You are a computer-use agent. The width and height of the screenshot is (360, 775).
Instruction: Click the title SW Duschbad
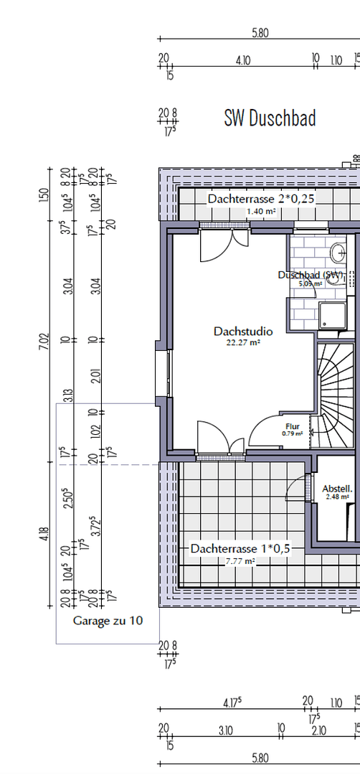point(270,118)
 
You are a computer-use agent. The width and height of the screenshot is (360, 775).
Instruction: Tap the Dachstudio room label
point(243,332)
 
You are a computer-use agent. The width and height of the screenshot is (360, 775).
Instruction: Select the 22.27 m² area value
point(243,343)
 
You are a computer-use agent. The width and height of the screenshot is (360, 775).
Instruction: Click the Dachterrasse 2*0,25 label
point(262,198)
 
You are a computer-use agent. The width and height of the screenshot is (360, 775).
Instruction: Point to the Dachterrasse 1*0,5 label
point(240,549)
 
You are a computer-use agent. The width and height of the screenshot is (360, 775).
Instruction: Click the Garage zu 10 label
point(108,621)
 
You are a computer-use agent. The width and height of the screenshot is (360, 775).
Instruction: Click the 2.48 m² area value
point(336,497)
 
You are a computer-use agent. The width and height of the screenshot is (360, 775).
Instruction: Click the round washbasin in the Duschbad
point(338,252)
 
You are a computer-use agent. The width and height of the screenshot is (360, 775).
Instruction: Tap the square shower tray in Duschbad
point(333,316)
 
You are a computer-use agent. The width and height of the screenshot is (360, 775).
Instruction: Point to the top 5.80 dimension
point(260,32)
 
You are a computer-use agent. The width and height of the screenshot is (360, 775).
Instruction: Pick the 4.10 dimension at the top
point(242,60)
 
